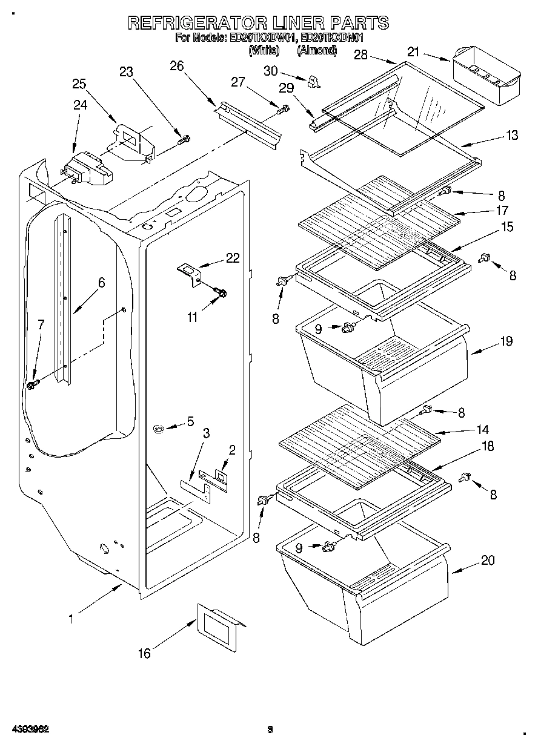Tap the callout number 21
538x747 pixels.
pos(413,53)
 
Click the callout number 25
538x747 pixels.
pos(79,84)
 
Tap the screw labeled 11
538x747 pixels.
pos(219,293)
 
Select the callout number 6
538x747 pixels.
pos(101,282)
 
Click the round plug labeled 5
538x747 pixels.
pos(159,429)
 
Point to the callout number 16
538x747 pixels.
pos(144,653)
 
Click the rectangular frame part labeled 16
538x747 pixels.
pos(218,630)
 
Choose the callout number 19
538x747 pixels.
pos(506,341)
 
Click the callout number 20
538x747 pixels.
pos(487,561)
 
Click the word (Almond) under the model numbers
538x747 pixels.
pos(316,51)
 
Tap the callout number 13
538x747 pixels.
pos(512,136)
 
